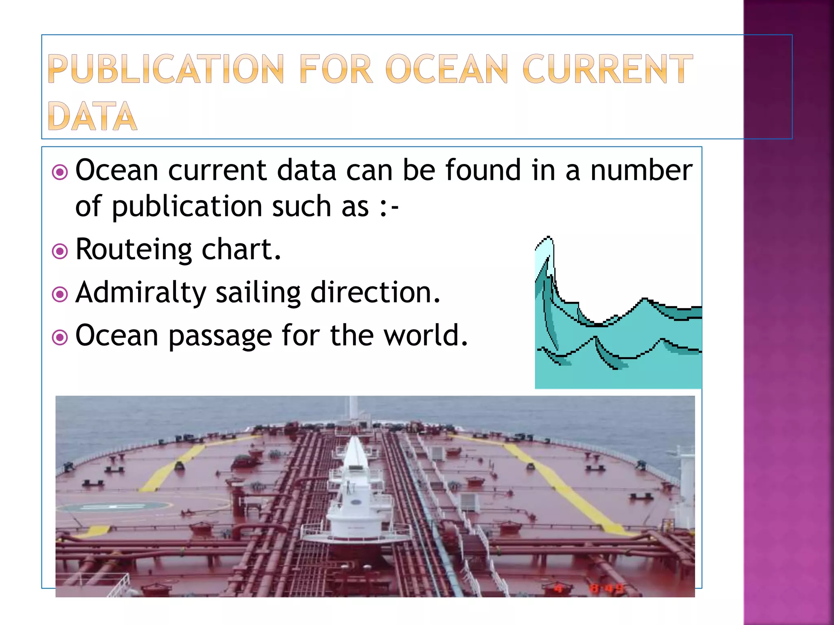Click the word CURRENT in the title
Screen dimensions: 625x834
pyautogui.click(x=607, y=69)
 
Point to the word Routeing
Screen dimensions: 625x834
pyautogui.click(x=134, y=249)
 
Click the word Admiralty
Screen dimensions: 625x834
pyautogui.click(x=141, y=293)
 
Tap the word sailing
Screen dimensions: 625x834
pyautogui.click(x=258, y=293)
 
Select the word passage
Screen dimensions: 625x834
pyautogui.click(x=220, y=336)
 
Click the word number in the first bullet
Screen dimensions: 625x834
pyautogui.click(x=641, y=170)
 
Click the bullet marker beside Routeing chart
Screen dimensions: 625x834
pyautogui.click(x=60, y=251)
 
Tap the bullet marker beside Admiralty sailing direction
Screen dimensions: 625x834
pyautogui.click(x=60, y=294)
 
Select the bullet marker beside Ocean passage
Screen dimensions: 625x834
pyautogui.click(x=60, y=337)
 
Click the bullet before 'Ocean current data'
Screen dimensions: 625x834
pyautogui.click(x=60, y=172)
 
